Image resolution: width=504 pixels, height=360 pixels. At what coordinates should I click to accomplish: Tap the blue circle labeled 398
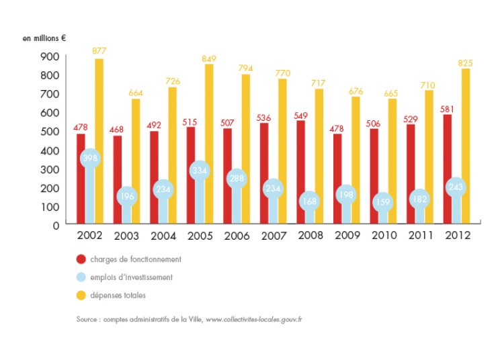click(x=90, y=159)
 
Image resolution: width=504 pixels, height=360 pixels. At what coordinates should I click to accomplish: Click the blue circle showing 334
click(x=200, y=171)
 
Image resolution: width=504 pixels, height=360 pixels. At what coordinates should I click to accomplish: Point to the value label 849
click(x=209, y=59)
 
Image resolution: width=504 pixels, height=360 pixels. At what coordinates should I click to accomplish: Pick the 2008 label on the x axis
click(x=310, y=236)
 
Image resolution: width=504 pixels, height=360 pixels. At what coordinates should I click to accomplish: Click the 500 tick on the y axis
click(x=51, y=132)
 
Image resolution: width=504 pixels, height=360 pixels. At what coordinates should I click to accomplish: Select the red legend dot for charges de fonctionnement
click(x=81, y=259)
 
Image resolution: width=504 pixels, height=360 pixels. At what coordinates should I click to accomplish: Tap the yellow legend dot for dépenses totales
click(x=81, y=295)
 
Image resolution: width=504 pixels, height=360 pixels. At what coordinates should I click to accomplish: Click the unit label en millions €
click(x=44, y=38)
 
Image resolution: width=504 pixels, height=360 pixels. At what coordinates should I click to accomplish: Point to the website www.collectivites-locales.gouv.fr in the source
click(x=253, y=320)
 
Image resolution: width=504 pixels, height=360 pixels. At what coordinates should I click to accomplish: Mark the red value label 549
click(x=300, y=115)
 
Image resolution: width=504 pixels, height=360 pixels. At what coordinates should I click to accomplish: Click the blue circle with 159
click(x=382, y=201)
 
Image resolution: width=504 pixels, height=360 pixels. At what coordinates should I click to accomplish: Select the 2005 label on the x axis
click(x=200, y=236)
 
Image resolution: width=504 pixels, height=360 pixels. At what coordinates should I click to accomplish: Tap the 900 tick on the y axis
click(x=51, y=56)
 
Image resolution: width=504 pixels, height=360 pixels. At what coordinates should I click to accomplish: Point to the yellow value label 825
click(x=466, y=63)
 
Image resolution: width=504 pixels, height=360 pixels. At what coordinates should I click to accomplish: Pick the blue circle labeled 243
click(x=456, y=187)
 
